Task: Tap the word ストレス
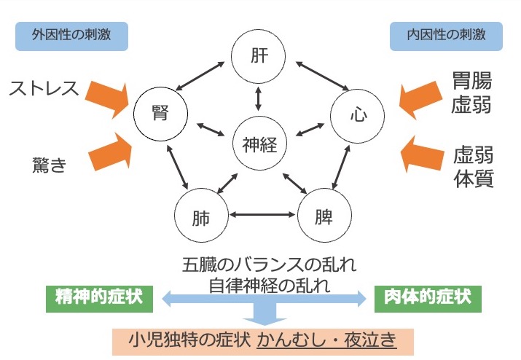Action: [43, 90]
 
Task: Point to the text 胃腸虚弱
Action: [471, 93]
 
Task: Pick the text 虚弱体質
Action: [473, 167]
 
